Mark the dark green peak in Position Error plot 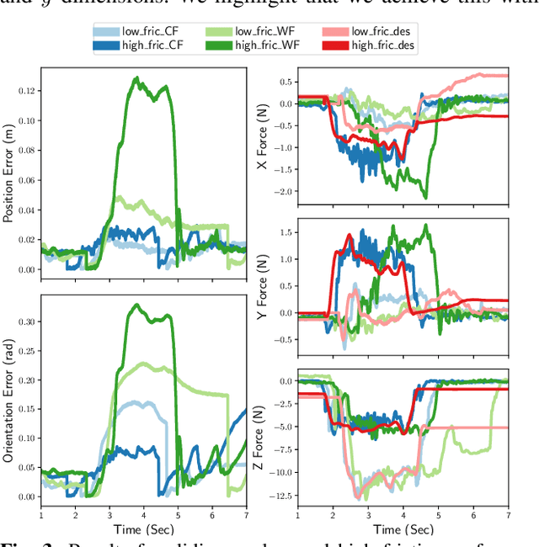click(135, 77)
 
